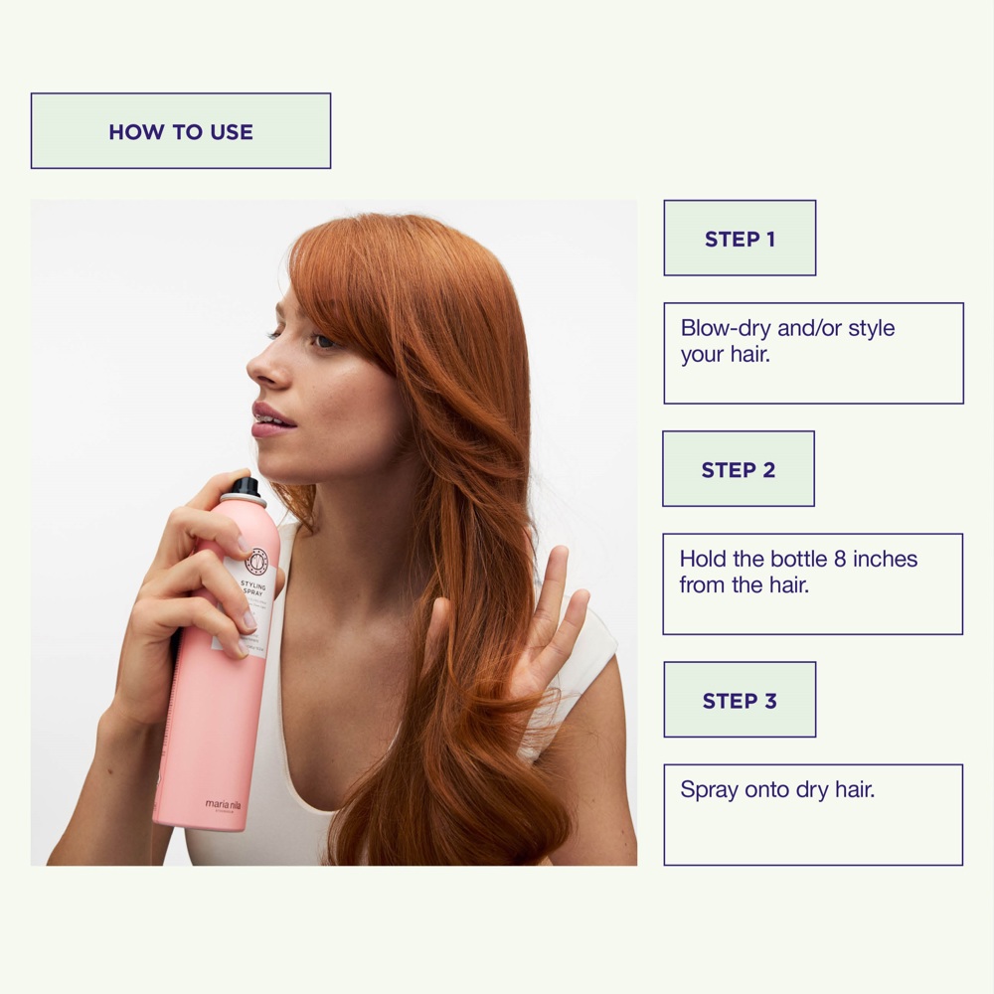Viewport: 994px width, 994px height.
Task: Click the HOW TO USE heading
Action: coord(181,131)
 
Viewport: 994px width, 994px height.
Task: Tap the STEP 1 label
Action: coord(740,239)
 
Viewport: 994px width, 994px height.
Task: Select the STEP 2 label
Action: coord(739,469)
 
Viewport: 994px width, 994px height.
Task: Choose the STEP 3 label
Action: coord(740,701)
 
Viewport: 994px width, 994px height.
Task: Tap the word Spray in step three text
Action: coord(710,790)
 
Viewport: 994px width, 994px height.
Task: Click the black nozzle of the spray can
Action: coord(244,487)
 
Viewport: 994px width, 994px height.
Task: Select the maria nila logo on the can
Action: coord(224,805)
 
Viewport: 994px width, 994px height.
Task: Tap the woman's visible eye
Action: coord(323,341)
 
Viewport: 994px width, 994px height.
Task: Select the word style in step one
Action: coord(872,328)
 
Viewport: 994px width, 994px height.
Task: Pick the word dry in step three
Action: coord(812,790)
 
